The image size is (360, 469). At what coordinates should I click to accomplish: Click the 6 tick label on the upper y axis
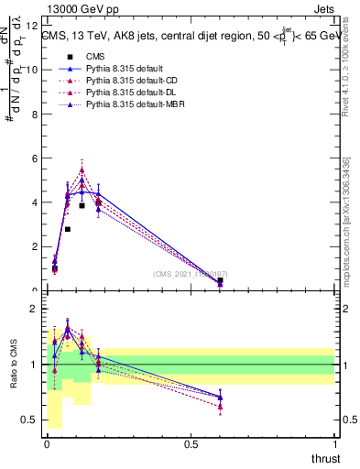point(34,158)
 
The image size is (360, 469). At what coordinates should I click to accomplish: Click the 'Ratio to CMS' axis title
point(13,364)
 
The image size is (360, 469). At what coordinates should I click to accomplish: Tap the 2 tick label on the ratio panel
point(34,309)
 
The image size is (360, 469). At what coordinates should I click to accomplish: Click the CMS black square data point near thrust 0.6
point(220,280)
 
